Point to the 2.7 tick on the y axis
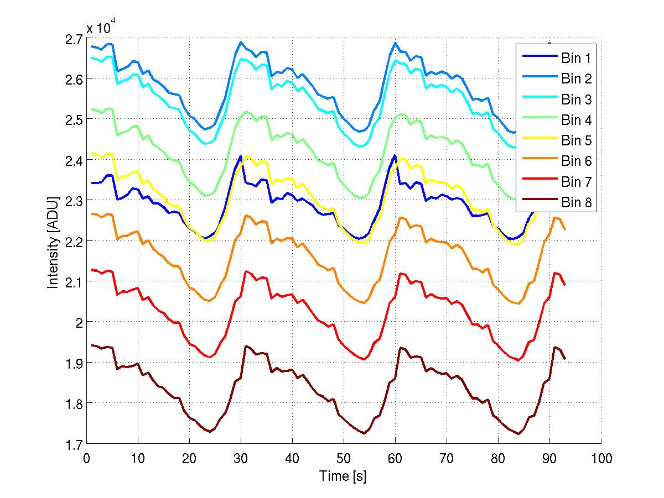(x=75, y=39)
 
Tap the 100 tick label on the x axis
(x=601, y=458)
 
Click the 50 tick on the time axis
(x=344, y=458)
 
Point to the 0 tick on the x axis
(x=86, y=458)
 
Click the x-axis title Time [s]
(x=343, y=476)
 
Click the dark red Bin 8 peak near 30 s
(x=246, y=346)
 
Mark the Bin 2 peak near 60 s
(x=395, y=43)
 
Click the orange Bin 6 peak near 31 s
(x=246, y=216)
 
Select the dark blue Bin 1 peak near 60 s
(x=395, y=155)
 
